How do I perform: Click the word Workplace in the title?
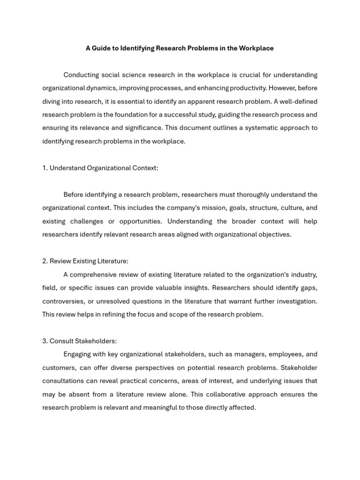pyautogui.click(x=257, y=48)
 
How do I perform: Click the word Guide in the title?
pyautogui.click(x=101, y=48)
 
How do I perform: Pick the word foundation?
pyautogui.click(x=133, y=115)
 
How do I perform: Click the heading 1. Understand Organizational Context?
pyautogui.click(x=100, y=168)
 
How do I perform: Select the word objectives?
pyautogui.click(x=273, y=234)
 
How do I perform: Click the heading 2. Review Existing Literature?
pyautogui.click(x=85, y=261)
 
